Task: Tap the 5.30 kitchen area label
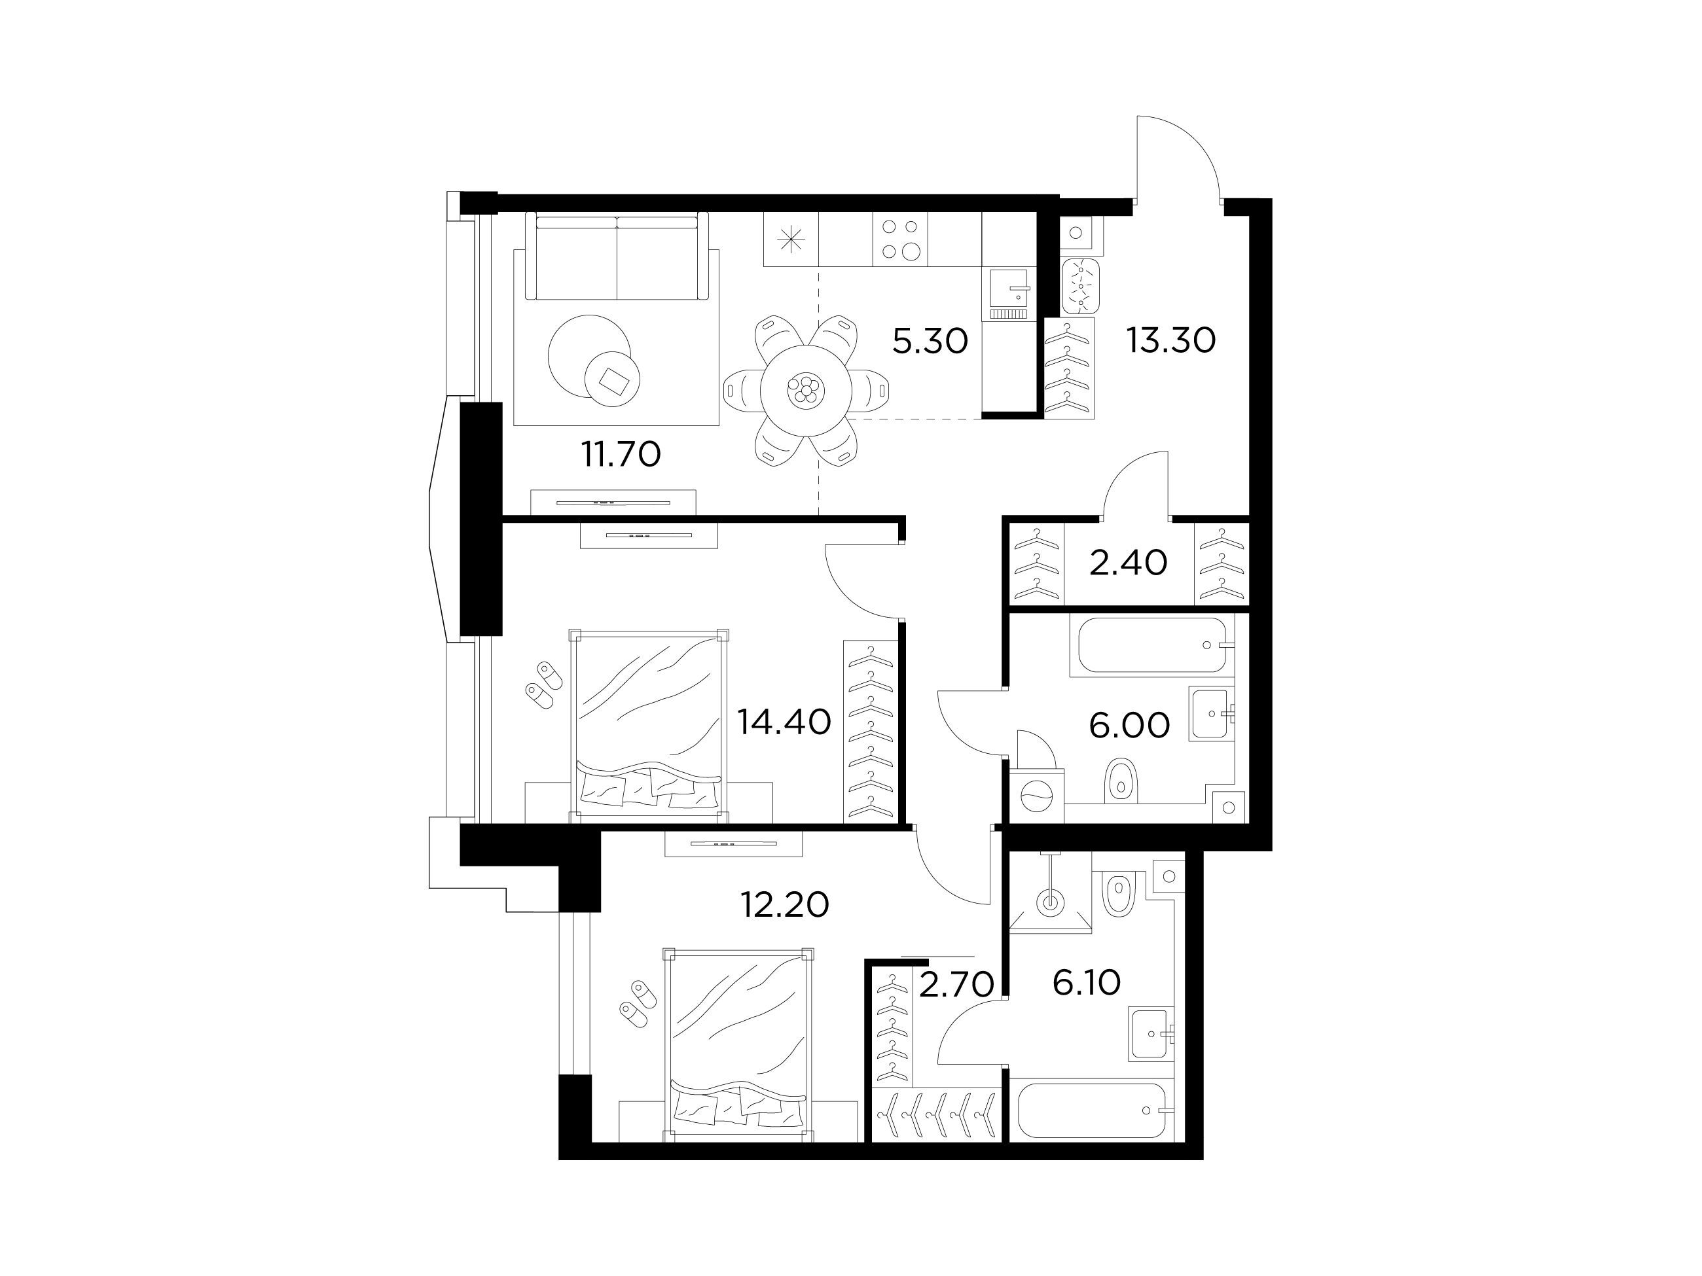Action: (x=930, y=340)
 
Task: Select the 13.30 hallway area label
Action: (x=1171, y=340)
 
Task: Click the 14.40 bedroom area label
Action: (x=784, y=722)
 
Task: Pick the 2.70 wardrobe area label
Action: (x=956, y=985)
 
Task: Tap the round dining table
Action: (x=805, y=390)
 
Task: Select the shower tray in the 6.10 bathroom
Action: (x=1049, y=891)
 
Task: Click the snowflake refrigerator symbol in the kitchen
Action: (x=790, y=240)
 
